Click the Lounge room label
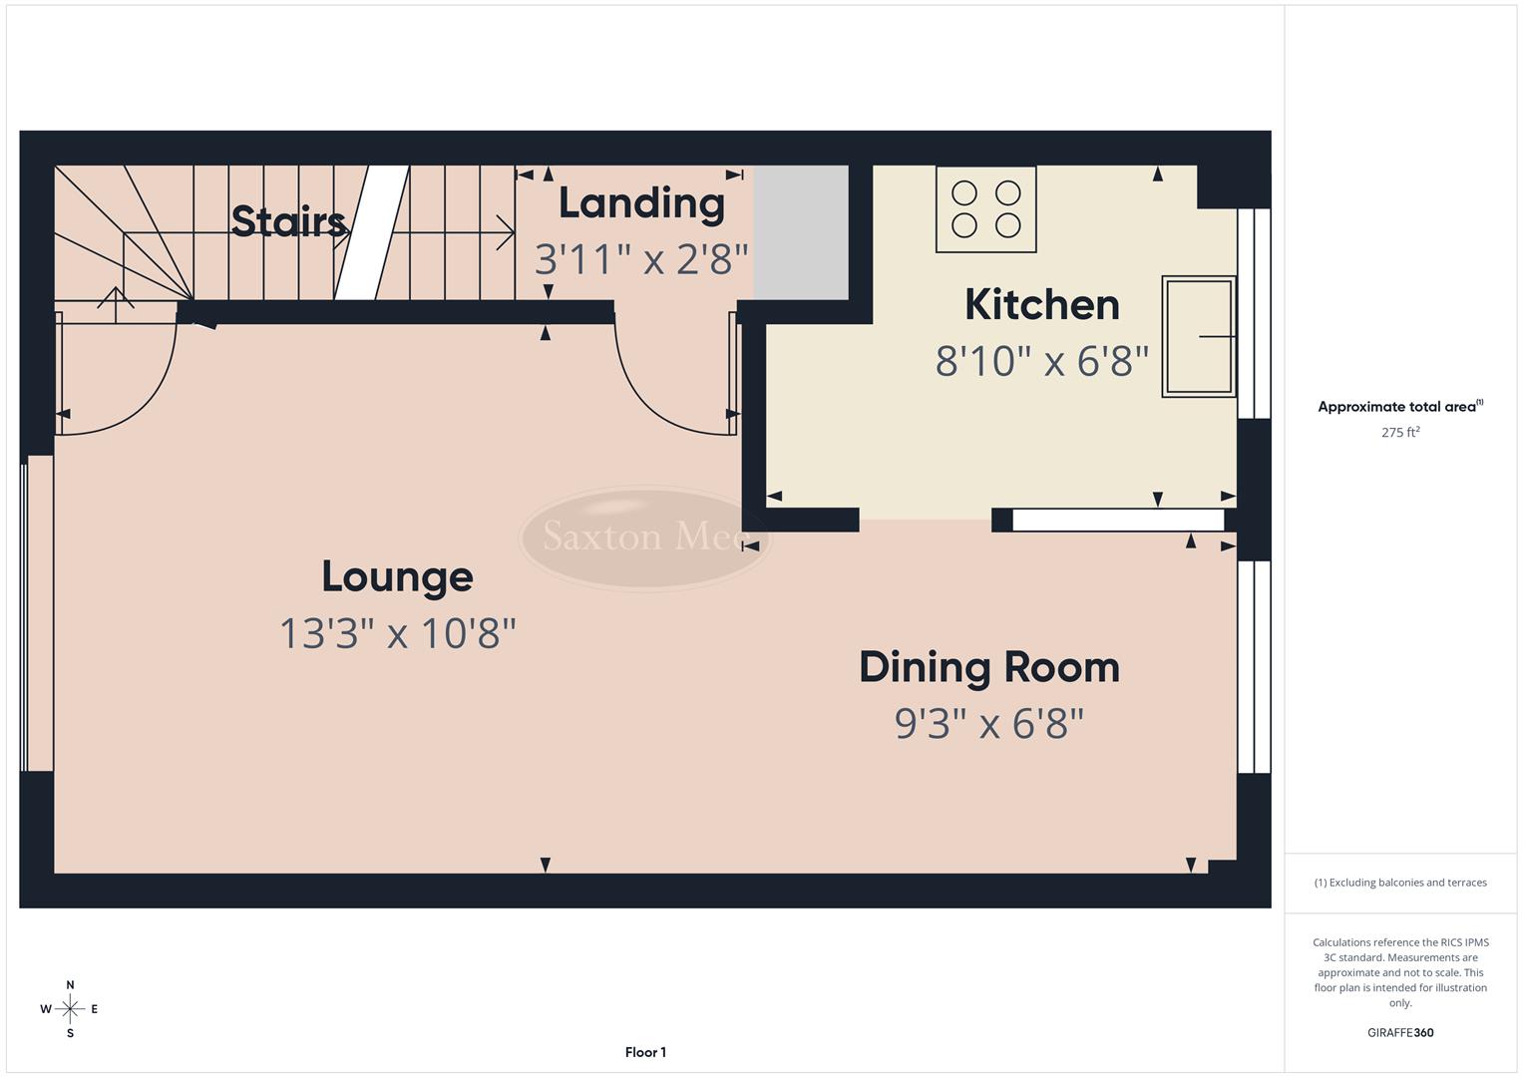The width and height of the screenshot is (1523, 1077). (x=397, y=576)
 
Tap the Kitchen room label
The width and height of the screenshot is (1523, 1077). (x=1041, y=305)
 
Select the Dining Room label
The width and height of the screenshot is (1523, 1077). (x=988, y=667)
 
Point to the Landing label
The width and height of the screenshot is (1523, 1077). (x=641, y=203)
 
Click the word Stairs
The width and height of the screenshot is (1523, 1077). (x=288, y=220)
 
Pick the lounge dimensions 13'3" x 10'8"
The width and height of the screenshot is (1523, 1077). (x=397, y=633)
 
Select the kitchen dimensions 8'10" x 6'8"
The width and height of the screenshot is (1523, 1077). (x=1041, y=361)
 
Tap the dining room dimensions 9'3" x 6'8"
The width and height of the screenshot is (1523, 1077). (x=988, y=723)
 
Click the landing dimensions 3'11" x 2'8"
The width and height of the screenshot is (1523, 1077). (x=641, y=259)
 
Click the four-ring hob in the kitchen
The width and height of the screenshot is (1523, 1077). (x=985, y=209)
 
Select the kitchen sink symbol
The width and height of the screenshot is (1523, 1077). (x=1198, y=337)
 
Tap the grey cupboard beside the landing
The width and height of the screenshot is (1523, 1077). (x=800, y=232)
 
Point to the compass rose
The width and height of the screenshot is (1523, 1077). (x=70, y=1009)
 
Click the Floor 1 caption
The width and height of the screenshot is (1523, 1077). (x=645, y=1052)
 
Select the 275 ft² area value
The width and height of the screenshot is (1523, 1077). (x=1399, y=433)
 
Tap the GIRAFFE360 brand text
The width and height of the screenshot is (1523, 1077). (x=1399, y=1033)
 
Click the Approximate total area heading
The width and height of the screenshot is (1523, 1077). (x=1399, y=407)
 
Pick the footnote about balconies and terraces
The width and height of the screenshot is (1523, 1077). (x=1399, y=883)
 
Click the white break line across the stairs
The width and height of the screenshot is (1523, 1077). (x=372, y=232)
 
